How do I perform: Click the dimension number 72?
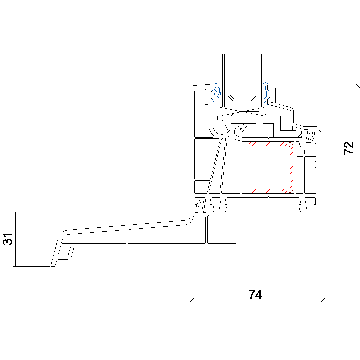[x=348, y=148]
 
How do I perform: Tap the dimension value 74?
[x=255, y=295]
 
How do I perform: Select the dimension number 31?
[x=8, y=239]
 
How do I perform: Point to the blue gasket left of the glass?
[x=215, y=92]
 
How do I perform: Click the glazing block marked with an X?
[x=242, y=112]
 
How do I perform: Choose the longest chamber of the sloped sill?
[x=166, y=236]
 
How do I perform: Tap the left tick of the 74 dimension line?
[x=190, y=302]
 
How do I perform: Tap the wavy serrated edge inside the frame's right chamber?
[x=315, y=163]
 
